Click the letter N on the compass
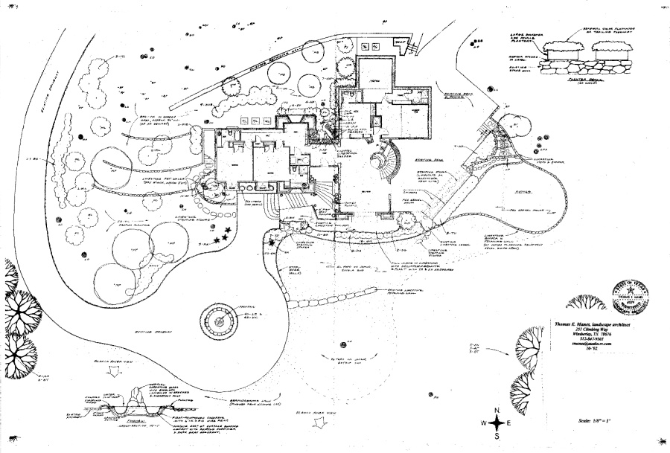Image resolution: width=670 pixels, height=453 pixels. click(x=496, y=410)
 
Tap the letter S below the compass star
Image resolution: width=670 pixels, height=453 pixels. click(x=497, y=436)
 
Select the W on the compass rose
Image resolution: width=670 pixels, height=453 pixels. click(x=482, y=423)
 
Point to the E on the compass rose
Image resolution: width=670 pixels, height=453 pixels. click(x=510, y=423)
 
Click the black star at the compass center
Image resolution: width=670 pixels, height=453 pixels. click(x=496, y=423)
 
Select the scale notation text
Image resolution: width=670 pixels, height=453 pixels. click(x=594, y=420)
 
